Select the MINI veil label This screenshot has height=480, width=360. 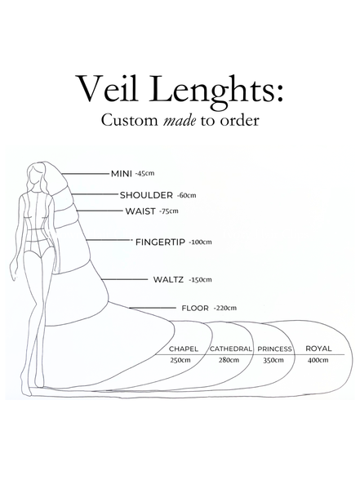(x=121, y=174)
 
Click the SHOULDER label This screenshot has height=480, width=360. (x=146, y=196)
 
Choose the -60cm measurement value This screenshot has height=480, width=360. (x=186, y=197)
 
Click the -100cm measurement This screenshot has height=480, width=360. (x=201, y=242)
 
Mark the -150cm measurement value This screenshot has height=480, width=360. (x=200, y=280)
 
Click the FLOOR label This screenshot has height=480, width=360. (x=196, y=309)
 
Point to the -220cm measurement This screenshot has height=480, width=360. (x=227, y=309)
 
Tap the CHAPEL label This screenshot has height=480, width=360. (x=183, y=349)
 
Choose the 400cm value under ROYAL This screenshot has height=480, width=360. (x=319, y=360)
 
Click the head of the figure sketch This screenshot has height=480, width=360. (x=37, y=172)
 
